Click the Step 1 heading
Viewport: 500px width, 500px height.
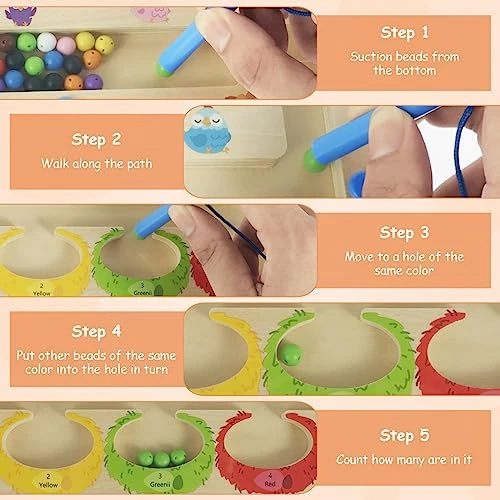coord(404,33)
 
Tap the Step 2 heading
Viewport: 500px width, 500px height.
coord(96,140)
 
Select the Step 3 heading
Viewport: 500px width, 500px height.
coord(404,233)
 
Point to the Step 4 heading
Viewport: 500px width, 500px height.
coord(96,332)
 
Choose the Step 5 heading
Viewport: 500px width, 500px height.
coord(404,435)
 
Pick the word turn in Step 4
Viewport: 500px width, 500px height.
coord(156,369)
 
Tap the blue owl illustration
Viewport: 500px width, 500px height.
coord(207,130)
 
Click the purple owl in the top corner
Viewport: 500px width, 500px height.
coord(21,15)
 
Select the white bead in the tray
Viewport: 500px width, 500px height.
coord(46,42)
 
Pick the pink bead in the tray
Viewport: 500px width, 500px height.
coord(66,46)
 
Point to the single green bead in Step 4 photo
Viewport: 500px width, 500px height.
coord(290,355)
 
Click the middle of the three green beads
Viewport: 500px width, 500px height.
coord(162,459)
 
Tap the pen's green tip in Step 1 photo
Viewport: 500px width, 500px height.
coord(164,70)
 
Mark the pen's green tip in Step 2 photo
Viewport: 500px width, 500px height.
coord(313,161)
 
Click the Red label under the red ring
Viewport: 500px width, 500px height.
coord(270,483)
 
